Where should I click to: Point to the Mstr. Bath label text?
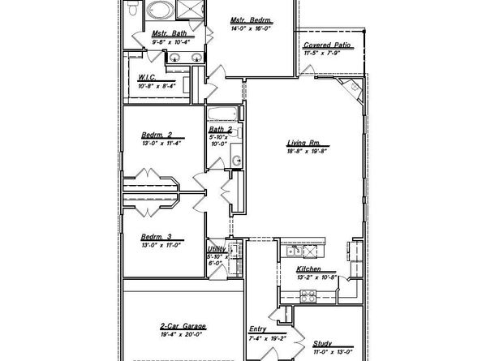tap(169, 34)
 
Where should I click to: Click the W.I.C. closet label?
tap(148, 78)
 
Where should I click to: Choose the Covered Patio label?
tap(327, 45)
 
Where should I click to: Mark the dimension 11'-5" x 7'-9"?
tap(327, 53)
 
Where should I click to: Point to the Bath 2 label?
tap(220, 129)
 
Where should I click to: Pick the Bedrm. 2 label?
tap(156, 134)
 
